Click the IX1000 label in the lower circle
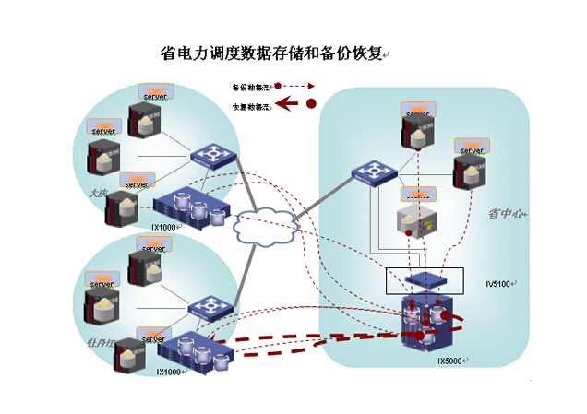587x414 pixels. tap(170, 372)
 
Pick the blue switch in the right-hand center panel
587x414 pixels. tap(375, 173)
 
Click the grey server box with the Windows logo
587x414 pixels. tap(413, 220)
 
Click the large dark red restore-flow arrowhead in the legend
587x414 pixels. tap(287, 104)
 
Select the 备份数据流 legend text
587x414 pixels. tap(250, 89)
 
